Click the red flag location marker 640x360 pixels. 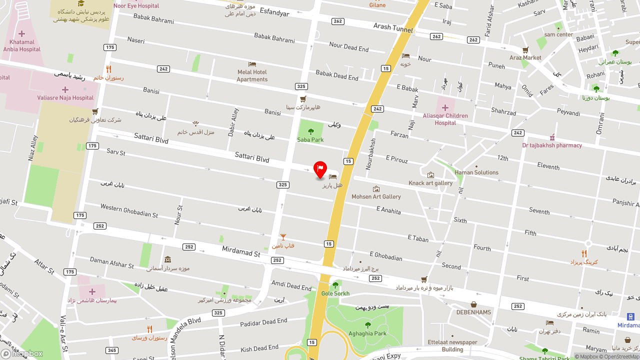tap(320, 169)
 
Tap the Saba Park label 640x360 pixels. tap(310, 140)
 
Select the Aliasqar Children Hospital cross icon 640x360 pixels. tap(445, 107)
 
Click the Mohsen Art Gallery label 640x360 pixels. tap(376, 197)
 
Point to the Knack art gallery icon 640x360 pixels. tap(430, 175)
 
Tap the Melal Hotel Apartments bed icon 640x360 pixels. tap(252, 64)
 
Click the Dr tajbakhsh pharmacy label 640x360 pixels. tap(552, 145)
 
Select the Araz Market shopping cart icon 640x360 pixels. tap(525, 50)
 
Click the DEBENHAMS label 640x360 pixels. tap(473, 312)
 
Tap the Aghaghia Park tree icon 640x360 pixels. tap(367, 325)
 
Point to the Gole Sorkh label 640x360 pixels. tap(335, 293)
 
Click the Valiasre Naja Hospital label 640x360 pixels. tap(65, 98)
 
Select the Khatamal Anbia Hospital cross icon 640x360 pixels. tap(21, 33)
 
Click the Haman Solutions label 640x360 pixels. tap(476, 172)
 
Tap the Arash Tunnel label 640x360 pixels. tap(393, 28)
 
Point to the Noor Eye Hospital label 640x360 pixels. tap(136, 6)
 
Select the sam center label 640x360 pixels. tap(558, 34)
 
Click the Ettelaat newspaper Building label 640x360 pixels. tap(452, 346)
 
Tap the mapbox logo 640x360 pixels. tap(22, 354)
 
